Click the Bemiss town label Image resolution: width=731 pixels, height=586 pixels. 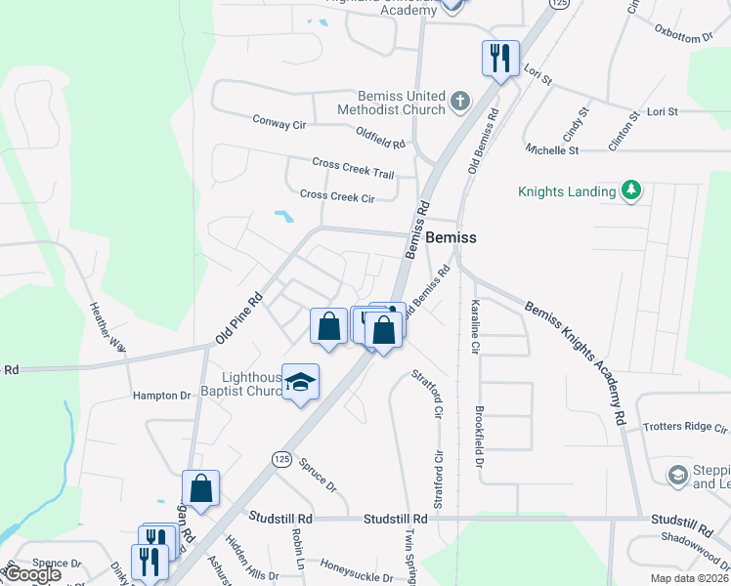[451, 238]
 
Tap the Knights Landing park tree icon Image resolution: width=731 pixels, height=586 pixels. [631, 190]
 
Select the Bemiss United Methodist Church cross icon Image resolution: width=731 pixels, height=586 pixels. [459, 101]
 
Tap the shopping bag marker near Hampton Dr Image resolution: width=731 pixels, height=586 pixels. [200, 490]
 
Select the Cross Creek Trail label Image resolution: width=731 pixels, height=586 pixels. [353, 168]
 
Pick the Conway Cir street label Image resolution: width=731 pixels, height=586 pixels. [279, 124]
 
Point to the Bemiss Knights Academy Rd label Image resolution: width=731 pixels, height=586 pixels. [577, 360]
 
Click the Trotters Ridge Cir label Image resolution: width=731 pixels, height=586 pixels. [685, 428]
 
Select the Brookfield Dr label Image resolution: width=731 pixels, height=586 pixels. [479, 436]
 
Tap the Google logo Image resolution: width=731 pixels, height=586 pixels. [32, 574]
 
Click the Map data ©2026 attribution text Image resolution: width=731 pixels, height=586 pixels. [688, 578]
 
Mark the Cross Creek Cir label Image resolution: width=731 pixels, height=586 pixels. [337, 196]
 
